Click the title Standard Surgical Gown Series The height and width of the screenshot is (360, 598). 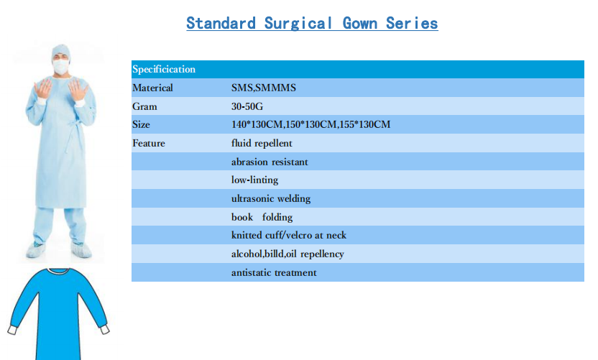coord(312,23)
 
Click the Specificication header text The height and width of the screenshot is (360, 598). coord(164,70)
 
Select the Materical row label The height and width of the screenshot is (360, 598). coord(152,88)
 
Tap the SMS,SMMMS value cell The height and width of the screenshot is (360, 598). coord(264,88)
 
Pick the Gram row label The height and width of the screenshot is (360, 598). coord(144,106)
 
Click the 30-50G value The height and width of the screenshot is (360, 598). coord(247,106)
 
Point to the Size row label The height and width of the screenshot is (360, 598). coord(141,124)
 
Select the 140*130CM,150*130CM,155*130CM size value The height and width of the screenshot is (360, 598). coord(310,124)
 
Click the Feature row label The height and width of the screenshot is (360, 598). coord(149,143)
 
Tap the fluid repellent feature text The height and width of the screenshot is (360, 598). coord(262,144)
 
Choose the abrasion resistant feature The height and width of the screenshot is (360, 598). coord(270,162)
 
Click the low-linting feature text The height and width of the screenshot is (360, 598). coord(254,180)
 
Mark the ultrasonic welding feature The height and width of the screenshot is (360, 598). coord(271,199)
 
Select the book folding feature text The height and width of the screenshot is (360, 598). coord(262,217)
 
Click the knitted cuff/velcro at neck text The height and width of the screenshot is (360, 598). coord(289,235)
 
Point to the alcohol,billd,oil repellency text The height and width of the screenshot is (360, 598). coord(287,254)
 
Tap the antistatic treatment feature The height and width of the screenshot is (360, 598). coord(274,272)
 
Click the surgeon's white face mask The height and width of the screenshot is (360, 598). coord(61,67)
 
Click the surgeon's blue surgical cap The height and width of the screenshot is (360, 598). coord(61,52)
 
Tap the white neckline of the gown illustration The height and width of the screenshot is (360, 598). coord(59,271)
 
